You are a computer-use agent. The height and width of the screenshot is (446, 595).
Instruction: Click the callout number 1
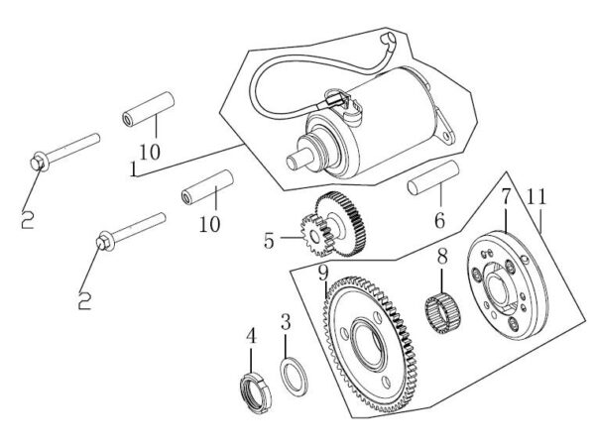coord(132,169)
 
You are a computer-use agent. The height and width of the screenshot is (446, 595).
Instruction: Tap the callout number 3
coord(285,322)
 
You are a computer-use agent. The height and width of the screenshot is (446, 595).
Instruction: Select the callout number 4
coord(252,337)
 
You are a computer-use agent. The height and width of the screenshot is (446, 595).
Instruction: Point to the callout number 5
coord(269,239)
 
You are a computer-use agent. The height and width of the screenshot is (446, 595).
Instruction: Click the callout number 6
coord(437,220)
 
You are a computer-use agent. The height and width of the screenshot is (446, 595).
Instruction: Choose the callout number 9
coord(323,271)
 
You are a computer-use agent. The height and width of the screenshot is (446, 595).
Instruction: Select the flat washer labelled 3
coord(295,377)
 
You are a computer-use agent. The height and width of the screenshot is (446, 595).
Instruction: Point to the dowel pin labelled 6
coord(431,188)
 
